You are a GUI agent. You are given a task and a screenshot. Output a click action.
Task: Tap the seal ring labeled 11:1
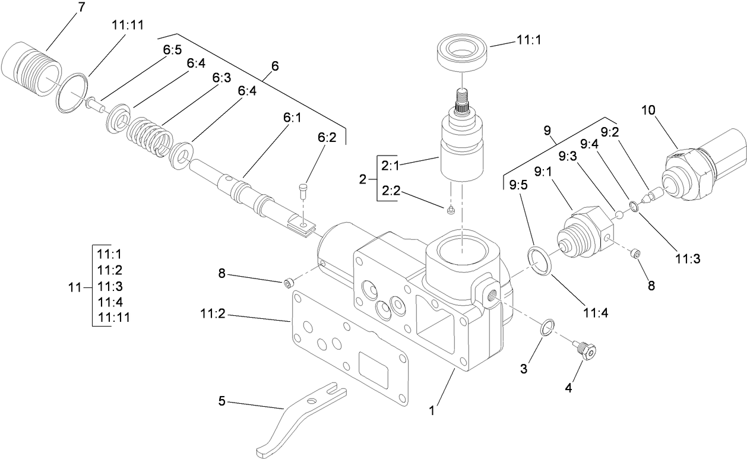coord(463,53)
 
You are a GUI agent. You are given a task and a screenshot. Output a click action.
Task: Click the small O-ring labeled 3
coord(548,327)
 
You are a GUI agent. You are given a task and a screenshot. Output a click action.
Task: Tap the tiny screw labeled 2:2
coord(451,208)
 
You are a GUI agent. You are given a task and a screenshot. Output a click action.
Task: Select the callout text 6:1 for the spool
coord(292,118)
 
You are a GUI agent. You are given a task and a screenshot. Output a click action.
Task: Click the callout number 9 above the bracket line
coord(547,129)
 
